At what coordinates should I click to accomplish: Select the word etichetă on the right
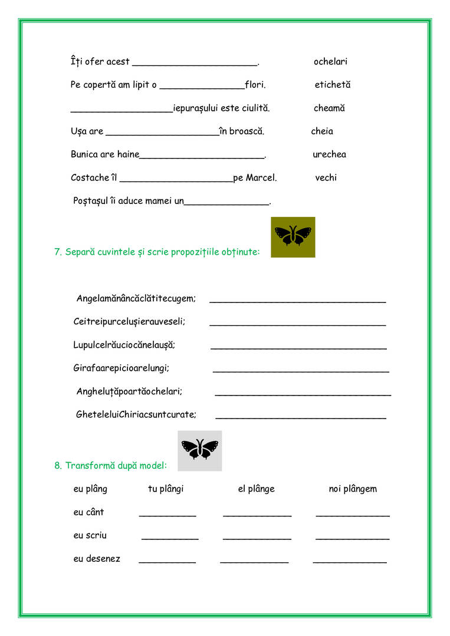(x=332, y=85)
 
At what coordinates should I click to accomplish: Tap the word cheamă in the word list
(x=329, y=108)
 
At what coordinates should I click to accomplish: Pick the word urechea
(x=329, y=154)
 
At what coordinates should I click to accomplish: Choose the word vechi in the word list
(x=326, y=177)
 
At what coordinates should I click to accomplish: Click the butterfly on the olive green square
(x=293, y=237)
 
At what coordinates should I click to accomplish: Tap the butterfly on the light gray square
(x=199, y=450)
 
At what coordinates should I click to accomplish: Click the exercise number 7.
(x=58, y=252)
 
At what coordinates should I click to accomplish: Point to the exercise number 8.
(x=58, y=466)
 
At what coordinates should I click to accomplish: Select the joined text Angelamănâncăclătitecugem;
(x=136, y=299)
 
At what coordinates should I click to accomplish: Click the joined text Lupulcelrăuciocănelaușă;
(x=124, y=345)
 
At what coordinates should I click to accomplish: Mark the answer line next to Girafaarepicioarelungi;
(x=301, y=371)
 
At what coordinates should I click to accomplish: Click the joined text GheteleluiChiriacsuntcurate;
(x=136, y=414)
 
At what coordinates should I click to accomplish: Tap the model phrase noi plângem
(x=353, y=489)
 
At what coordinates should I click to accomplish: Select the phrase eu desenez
(x=97, y=559)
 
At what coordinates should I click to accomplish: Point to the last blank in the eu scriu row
(x=353, y=538)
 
